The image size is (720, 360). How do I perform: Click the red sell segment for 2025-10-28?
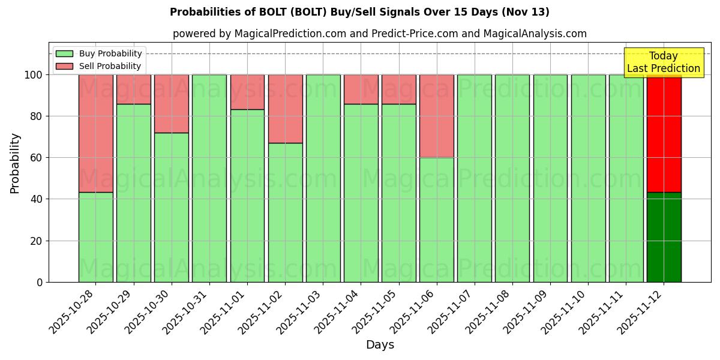[95, 133]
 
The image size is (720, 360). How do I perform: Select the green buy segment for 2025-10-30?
[172, 207]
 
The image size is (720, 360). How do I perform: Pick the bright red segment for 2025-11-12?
[664, 133]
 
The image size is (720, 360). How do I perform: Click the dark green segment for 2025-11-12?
[664, 237]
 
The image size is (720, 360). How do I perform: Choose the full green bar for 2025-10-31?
[209, 178]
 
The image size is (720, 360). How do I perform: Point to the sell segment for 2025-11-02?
[285, 109]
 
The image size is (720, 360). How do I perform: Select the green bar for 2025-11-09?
[550, 178]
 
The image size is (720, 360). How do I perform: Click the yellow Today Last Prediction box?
[664, 62]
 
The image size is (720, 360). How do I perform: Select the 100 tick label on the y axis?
[34, 75]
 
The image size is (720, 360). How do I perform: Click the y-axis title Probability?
[15, 163]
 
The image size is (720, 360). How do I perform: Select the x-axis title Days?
[380, 344]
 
